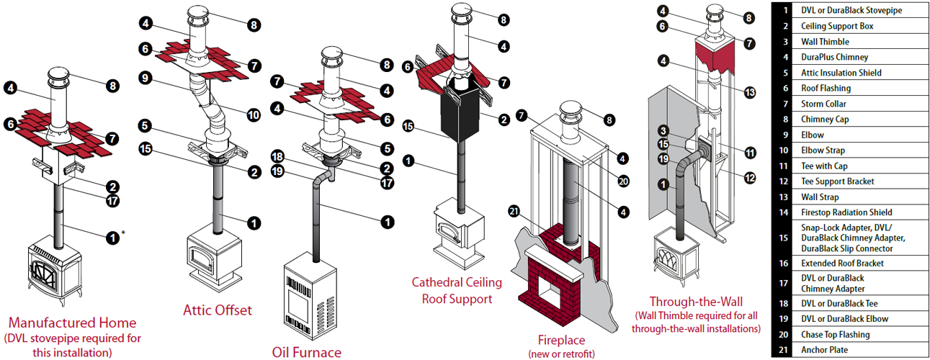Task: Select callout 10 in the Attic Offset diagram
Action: (254, 114)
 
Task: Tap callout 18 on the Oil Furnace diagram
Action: (278, 156)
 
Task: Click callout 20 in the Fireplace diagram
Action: (623, 181)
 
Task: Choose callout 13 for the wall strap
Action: (750, 92)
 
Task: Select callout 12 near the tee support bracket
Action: (750, 177)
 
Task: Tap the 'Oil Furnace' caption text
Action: (307, 352)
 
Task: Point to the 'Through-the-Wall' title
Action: (696, 302)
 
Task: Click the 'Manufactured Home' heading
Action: (73, 323)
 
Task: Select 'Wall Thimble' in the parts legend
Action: (825, 42)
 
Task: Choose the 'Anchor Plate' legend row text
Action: (823, 350)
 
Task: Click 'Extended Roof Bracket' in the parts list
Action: (842, 263)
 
